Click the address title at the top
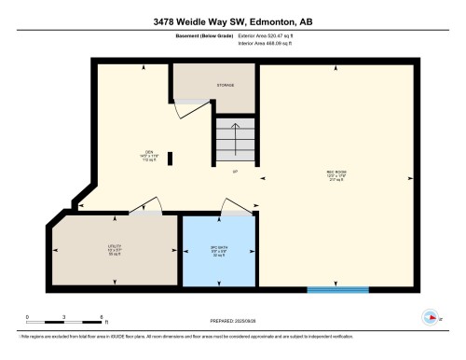pyautogui.click(x=233, y=20)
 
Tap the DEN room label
pyautogui.click(x=148, y=155)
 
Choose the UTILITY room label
pyautogui.click(x=114, y=249)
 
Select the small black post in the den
pyautogui.click(x=170, y=159)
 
